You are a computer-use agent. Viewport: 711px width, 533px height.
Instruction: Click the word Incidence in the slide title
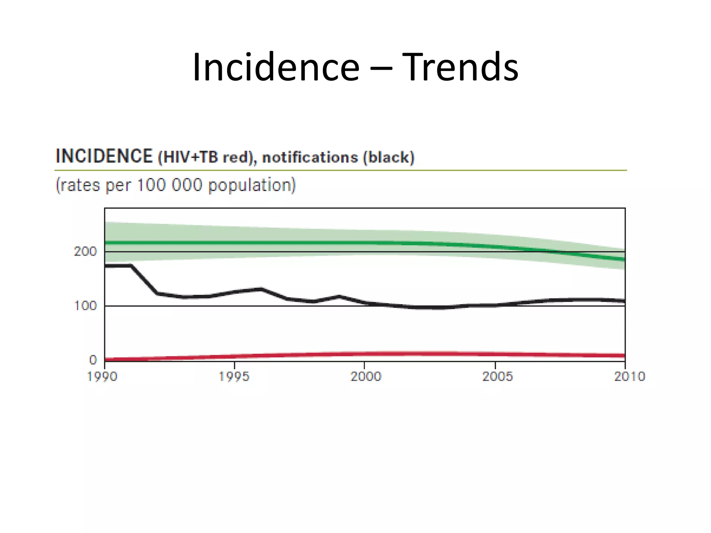(x=276, y=67)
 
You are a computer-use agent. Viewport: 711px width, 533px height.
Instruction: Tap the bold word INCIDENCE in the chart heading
(x=104, y=156)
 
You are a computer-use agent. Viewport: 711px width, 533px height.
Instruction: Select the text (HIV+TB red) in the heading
(x=207, y=158)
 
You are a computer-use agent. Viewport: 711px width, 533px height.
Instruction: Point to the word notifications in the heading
(x=310, y=158)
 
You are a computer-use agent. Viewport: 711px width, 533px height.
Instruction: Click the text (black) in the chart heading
(x=388, y=158)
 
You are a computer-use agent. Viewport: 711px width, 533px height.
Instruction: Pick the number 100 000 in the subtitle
(x=169, y=185)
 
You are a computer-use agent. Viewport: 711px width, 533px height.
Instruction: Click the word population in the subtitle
(x=252, y=185)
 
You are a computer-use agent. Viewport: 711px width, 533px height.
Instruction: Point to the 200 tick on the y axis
(x=85, y=252)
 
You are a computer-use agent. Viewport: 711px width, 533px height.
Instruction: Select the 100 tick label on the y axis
(x=85, y=306)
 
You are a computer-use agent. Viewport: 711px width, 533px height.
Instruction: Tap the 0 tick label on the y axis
(x=93, y=360)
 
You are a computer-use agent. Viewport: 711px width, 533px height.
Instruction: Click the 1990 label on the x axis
(x=102, y=377)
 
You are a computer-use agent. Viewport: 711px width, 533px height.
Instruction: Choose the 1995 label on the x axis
(x=234, y=377)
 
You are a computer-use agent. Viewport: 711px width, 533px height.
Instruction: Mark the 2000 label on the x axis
(x=366, y=377)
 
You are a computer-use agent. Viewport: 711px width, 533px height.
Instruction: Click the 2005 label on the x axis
(x=497, y=377)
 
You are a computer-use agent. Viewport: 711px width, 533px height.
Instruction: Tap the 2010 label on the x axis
(x=629, y=377)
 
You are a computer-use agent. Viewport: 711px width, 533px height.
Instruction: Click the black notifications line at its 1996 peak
(x=261, y=288)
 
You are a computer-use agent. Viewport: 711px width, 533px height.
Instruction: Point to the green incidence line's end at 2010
(x=624, y=260)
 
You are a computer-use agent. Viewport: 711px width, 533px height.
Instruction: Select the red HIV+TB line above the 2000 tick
(x=364, y=354)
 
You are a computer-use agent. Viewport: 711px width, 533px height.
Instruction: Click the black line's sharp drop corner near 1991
(x=131, y=266)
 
